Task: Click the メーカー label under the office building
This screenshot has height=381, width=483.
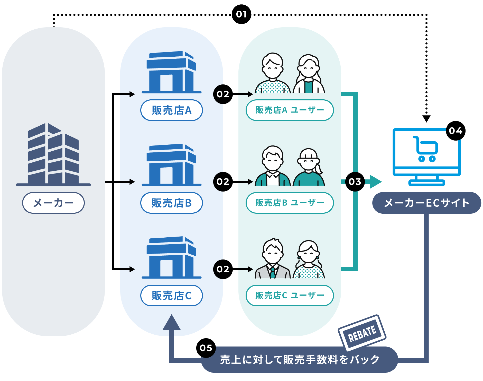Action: coord(53,203)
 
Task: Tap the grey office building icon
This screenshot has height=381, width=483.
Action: coord(53,154)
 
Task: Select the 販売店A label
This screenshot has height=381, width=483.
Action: coord(171,110)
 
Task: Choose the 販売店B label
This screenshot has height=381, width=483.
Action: coord(171,203)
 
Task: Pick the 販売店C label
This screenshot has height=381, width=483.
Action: coord(171,296)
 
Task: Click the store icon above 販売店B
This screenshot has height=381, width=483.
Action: coord(171,165)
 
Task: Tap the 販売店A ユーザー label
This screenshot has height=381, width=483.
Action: coord(290,110)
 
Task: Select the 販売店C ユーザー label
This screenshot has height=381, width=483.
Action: coord(290,296)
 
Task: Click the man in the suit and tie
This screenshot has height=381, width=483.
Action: coord(273,260)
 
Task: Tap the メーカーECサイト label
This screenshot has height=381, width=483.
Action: coord(426,203)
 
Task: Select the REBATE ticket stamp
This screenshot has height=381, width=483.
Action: coord(362,333)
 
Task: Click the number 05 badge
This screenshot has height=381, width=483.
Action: coord(206,348)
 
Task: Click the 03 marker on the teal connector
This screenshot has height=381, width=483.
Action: coord(355,182)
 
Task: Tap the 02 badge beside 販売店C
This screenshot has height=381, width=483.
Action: coord(223,269)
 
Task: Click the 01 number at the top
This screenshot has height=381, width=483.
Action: coord(241,14)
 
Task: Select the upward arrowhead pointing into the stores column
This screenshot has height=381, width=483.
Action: coord(171,323)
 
